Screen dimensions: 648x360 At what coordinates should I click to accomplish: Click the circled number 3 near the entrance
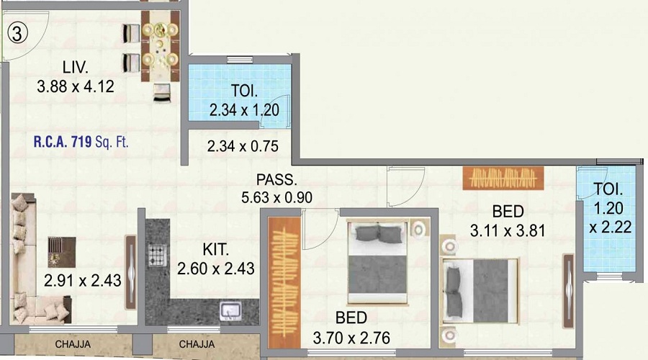pyautogui.click(x=17, y=33)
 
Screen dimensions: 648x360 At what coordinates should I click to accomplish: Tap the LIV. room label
pyautogui.click(x=75, y=67)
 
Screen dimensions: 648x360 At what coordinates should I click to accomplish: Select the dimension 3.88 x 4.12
pyautogui.click(x=75, y=86)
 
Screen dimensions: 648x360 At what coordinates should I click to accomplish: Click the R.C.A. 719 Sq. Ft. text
pyautogui.click(x=81, y=142)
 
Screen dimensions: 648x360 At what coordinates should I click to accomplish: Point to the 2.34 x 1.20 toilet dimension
pyautogui.click(x=244, y=110)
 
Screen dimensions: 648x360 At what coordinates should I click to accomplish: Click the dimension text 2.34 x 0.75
pyautogui.click(x=243, y=146)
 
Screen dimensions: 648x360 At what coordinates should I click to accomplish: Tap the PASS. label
pyautogui.click(x=276, y=180)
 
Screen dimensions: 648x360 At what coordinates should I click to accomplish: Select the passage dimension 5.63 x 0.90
pyautogui.click(x=277, y=197)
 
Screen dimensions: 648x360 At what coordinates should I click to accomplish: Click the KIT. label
pyautogui.click(x=215, y=250)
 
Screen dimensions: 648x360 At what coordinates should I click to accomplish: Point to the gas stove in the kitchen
pyautogui.click(x=157, y=255)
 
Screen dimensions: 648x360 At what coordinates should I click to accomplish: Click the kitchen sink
pyautogui.click(x=230, y=310)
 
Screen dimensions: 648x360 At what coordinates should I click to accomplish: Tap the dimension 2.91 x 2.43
pyautogui.click(x=83, y=281)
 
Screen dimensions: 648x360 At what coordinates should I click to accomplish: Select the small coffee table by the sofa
pyautogui.click(x=62, y=252)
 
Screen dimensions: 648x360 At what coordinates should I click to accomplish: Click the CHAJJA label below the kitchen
pyautogui.click(x=197, y=344)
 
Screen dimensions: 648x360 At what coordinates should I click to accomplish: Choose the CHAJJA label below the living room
pyautogui.click(x=73, y=344)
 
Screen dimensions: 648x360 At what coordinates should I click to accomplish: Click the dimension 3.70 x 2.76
pyautogui.click(x=351, y=338)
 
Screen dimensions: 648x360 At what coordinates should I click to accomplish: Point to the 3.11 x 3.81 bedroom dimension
pyautogui.click(x=508, y=230)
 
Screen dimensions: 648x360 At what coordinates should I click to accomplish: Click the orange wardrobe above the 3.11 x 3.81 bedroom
pyautogui.click(x=503, y=178)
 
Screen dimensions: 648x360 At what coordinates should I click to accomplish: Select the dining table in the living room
pyautogui.click(x=161, y=46)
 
